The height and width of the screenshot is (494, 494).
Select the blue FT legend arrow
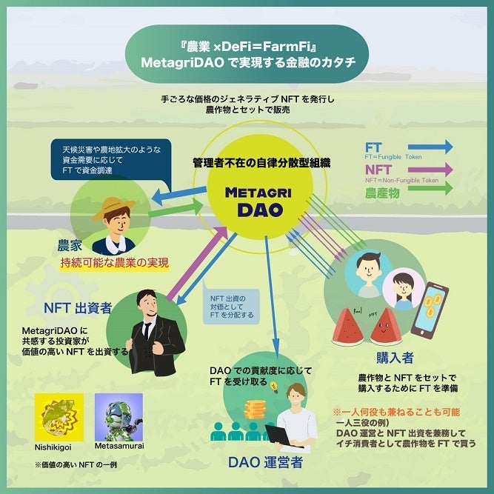point(429,147)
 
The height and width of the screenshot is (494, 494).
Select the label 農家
point(70,245)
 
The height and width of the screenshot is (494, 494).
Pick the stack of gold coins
point(256,410)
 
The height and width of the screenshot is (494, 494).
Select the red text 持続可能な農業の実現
point(115,263)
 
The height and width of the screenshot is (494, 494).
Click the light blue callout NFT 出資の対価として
point(230,304)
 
